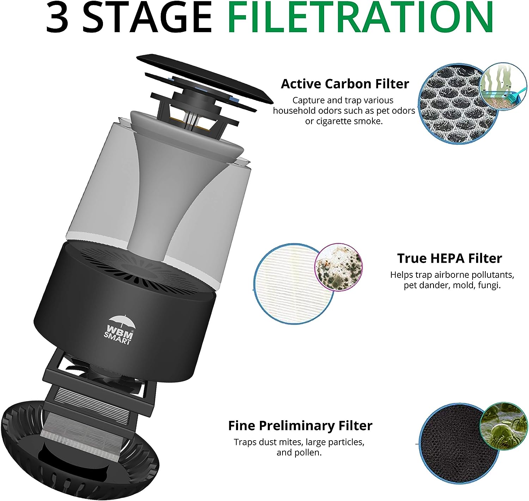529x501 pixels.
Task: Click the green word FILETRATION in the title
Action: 360,18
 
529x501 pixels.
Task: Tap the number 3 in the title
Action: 57,18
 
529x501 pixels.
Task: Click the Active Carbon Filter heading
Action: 345,84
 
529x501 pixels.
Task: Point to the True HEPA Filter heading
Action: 449,258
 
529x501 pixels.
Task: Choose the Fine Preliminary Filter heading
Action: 300,426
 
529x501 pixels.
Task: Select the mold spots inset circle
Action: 338,267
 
